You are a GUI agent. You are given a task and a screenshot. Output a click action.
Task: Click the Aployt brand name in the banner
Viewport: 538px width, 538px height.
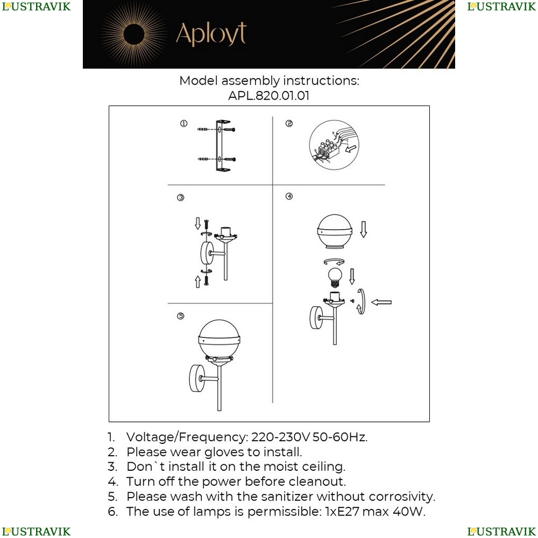(x=211, y=34)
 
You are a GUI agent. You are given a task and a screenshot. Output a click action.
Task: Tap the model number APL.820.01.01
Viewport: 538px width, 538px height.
(x=268, y=95)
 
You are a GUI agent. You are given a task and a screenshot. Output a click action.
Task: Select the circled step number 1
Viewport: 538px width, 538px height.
(x=184, y=124)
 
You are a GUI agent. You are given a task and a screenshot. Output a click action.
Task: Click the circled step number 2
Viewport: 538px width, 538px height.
(x=289, y=124)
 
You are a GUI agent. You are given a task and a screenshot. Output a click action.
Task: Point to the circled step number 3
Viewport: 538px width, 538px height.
(x=180, y=197)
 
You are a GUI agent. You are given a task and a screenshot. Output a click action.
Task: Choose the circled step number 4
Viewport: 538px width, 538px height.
(x=289, y=196)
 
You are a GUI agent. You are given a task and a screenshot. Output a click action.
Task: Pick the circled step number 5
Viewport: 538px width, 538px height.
(x=180, y=316)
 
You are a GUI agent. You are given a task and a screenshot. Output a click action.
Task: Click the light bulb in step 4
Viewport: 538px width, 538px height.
(x=335, y=278)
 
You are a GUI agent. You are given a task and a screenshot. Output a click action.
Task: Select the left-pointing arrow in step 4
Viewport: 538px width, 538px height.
(x=381, y=302)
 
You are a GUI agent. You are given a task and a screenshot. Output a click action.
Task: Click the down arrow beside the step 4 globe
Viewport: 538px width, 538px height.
(x=363, y=229)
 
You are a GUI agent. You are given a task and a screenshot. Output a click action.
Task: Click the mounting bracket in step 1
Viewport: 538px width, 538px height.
(x=223, y=145)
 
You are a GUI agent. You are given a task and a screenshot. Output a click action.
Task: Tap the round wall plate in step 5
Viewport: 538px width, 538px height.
(x=197, y=378)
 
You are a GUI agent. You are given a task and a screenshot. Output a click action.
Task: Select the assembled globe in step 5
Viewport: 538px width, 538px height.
(x=219, y=339)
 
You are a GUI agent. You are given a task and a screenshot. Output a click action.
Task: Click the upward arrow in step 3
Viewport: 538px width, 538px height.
(x=197, y=282)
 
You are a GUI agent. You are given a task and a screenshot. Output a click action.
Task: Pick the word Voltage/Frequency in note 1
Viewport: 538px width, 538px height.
(x=186, y=437)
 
